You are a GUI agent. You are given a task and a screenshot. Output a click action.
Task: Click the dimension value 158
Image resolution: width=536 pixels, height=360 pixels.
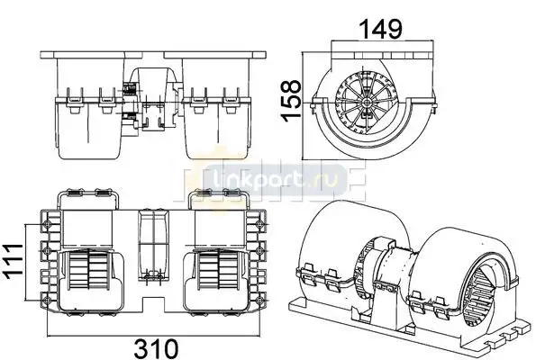coord(291,99)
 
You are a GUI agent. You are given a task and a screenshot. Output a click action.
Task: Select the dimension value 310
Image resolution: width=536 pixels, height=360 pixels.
coord(156,347)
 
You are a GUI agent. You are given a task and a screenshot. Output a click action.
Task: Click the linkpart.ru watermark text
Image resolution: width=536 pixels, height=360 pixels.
coord(275,178)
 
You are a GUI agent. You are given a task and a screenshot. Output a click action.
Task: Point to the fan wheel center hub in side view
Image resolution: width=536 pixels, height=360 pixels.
coord(367,102)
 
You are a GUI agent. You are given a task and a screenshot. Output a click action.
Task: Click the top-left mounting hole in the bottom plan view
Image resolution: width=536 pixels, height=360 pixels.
coord(47,224)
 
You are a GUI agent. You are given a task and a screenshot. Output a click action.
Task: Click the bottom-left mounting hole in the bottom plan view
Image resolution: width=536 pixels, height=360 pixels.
coord(47,301)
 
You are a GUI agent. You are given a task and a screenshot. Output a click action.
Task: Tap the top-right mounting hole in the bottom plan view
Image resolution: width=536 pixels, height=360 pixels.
coord(260,224)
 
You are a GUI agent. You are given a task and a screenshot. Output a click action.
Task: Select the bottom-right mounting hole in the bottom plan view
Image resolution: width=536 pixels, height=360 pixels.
coord(260,301)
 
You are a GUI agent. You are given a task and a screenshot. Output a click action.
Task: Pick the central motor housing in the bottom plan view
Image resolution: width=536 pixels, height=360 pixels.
coord(153,245)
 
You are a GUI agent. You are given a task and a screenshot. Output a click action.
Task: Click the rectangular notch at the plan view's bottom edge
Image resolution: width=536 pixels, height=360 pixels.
coord(153,305)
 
